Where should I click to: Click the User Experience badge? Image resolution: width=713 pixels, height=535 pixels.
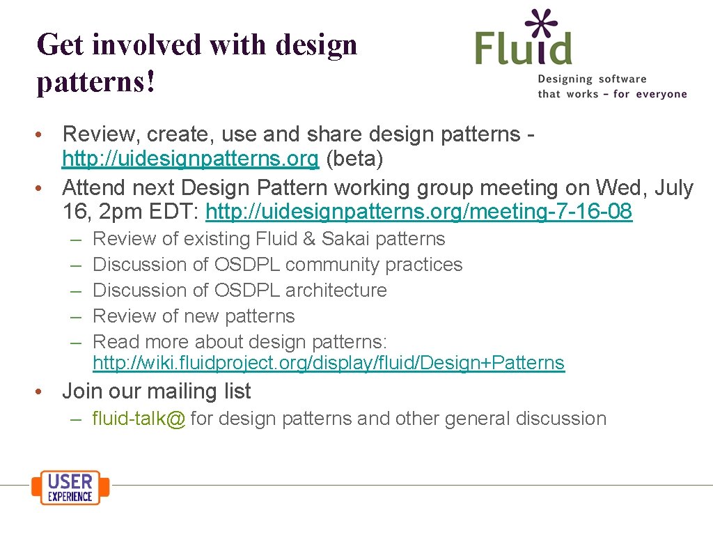pos(70,487)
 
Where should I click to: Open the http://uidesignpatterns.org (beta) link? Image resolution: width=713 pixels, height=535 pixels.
pos(190,160)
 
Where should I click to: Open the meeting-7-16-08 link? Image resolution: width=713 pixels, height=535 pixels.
pos(419,211)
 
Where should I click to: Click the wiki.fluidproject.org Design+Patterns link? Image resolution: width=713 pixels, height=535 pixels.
pos(328,363)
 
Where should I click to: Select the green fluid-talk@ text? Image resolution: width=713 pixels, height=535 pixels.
pos(139,419)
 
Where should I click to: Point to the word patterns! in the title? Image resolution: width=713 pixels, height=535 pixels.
pos(95,82)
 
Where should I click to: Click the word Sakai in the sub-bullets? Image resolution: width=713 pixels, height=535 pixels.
pos(345,239)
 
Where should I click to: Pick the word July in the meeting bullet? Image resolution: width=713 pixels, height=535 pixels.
pos(674,187)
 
